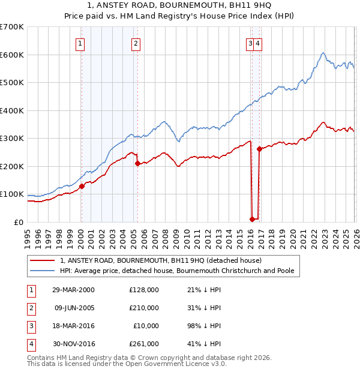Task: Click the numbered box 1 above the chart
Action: click(80, 43)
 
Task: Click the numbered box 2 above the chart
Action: click(136, 43)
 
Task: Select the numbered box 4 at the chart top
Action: click(257, 43)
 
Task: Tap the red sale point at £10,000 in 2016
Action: click(252, 219)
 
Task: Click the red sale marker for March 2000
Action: click(82, 186)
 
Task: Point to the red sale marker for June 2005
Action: click(137, 163)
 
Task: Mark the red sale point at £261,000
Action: click(259, 149)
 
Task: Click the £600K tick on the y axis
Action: click(12, 55)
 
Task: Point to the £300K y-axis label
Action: click(12, 138)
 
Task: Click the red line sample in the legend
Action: click(43, 261)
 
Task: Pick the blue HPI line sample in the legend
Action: click(43, 271)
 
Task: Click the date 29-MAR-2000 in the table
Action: click(73, 290)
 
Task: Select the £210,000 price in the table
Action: click(144, 308)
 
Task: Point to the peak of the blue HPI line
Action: click(323, 53)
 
